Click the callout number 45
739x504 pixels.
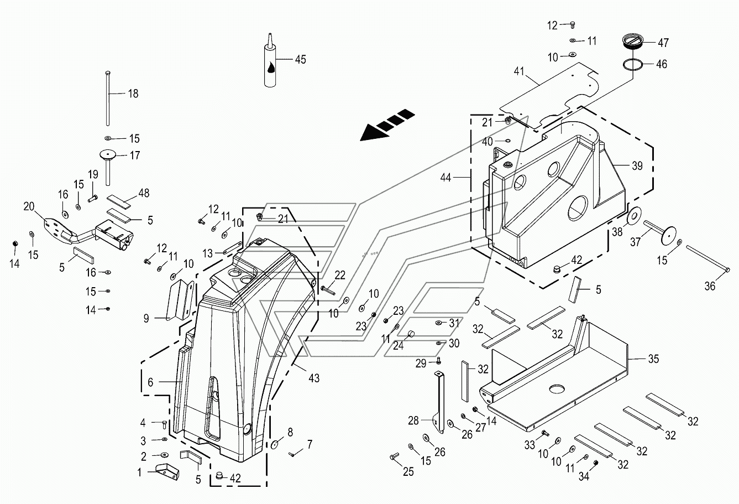coord(300,59)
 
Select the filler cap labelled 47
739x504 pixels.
coord(631,42)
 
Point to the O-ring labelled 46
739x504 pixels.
coord(633,64)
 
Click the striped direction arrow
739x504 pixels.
coord(387,125)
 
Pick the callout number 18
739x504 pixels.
coord(133,94)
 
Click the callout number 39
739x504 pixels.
coord(637,165)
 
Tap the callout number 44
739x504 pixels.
coord(446,178)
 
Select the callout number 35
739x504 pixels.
coord(653,358)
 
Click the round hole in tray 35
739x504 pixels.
coord(557,389)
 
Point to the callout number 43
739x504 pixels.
coord(314,378)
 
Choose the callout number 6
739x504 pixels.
coord(150,382)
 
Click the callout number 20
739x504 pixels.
coord(29,206)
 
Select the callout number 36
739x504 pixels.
coord(710,286)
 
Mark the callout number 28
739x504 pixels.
coord(413,421)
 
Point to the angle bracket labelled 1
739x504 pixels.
coord(167,471)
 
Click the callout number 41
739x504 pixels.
coord(519,71)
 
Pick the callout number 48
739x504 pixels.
coord(144,193)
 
